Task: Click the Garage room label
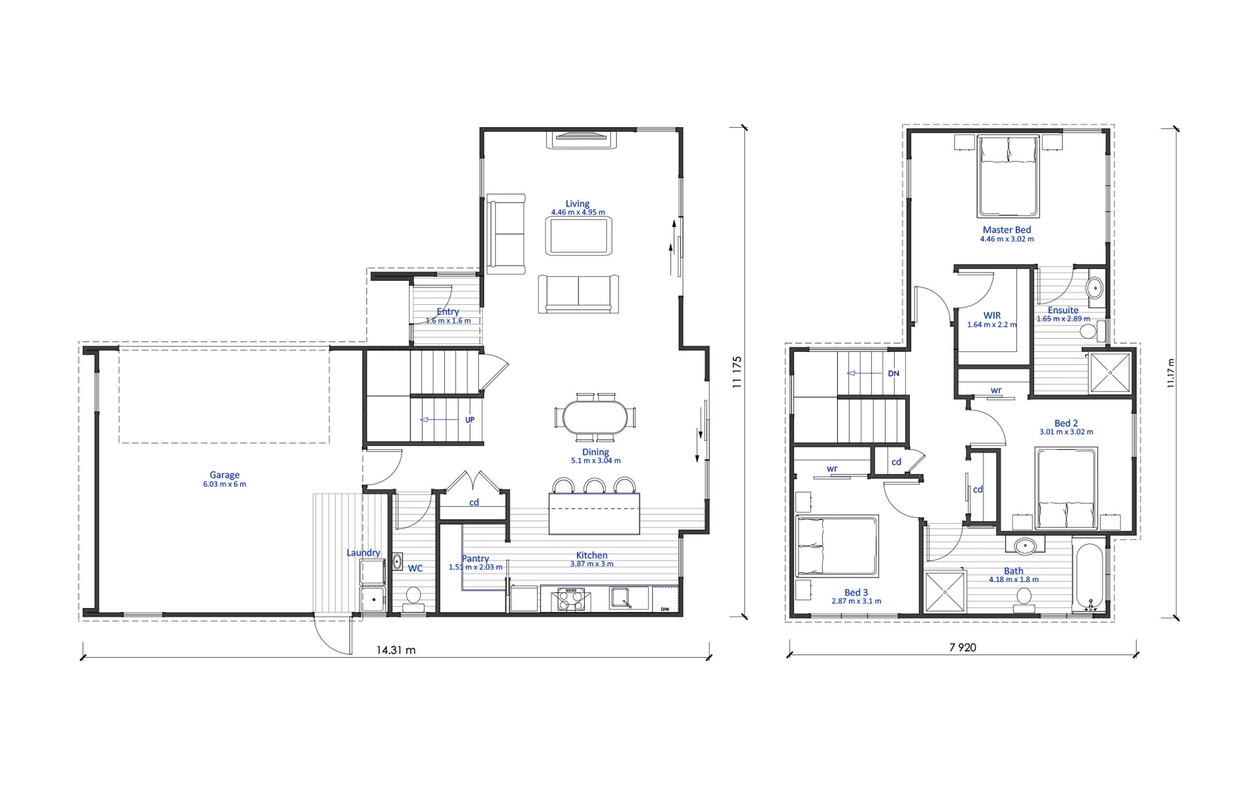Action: (225, 474)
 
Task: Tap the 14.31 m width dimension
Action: (396, 650)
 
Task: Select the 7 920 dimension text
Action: (963, 648)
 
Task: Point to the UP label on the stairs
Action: (469, 420)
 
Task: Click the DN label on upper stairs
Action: (893, 373)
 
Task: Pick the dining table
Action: (595, 417)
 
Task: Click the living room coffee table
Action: (578, 235)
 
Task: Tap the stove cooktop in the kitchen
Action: (571, 599)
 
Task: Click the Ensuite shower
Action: (1110, 373)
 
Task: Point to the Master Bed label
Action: (1007, 230)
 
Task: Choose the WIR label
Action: (992, 315)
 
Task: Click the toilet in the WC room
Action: (413, 598)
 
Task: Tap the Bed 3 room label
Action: (856, 592)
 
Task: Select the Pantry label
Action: (475, 558)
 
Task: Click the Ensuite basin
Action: (1095, 288)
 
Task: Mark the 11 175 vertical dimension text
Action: (737, 372)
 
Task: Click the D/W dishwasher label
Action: (665, 609)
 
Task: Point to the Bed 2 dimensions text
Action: (1066, 432)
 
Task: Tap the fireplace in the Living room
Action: (581, 140)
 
